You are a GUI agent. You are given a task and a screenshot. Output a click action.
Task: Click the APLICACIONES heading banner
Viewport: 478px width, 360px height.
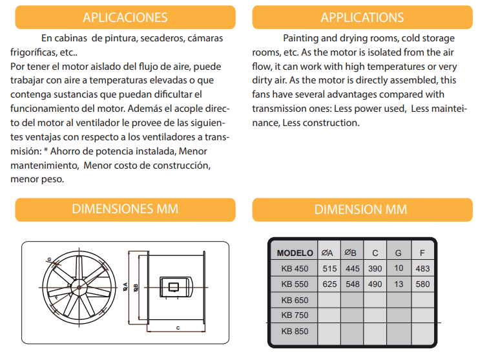125,17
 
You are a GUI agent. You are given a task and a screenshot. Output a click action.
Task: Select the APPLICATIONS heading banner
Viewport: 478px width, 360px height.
362,17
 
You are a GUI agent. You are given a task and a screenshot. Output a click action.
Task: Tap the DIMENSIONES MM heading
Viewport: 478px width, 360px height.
125,209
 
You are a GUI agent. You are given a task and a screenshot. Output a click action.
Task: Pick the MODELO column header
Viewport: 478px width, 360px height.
295,253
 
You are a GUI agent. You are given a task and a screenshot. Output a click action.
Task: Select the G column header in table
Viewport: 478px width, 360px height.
398,253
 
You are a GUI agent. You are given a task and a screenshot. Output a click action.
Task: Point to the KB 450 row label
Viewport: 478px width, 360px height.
295,268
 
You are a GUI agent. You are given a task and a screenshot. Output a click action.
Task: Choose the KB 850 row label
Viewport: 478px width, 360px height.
295,331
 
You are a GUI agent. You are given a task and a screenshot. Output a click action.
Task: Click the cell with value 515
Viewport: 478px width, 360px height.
329,268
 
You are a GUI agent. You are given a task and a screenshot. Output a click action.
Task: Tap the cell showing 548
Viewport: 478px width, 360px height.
353,284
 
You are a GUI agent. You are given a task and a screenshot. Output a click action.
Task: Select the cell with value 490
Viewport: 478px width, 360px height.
375,284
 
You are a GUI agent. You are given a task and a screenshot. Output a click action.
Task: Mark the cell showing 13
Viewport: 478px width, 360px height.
399,284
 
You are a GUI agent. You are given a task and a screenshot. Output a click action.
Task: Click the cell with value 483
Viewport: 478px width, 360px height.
422,268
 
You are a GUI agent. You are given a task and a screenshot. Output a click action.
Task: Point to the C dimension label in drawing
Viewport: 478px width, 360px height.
178,328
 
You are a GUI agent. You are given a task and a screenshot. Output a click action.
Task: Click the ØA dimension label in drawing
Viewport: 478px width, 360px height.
125,287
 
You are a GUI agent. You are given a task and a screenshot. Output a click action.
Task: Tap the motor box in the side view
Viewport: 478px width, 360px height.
176,287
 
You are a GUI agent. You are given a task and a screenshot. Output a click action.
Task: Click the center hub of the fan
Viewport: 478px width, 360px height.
79,288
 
